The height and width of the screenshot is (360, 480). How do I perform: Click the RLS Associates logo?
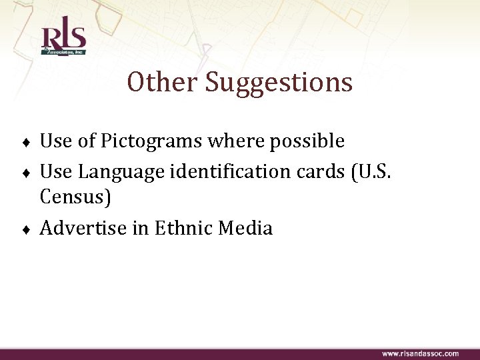pyautogui.click(x=63, y=40)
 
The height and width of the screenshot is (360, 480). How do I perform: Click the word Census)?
pyautogui.click(x=75, y=197)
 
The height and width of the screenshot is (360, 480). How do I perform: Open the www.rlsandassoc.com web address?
pyautogui.click(x=420, y=353)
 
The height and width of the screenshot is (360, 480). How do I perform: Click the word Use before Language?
pyautogui.click(x=56, y=171)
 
